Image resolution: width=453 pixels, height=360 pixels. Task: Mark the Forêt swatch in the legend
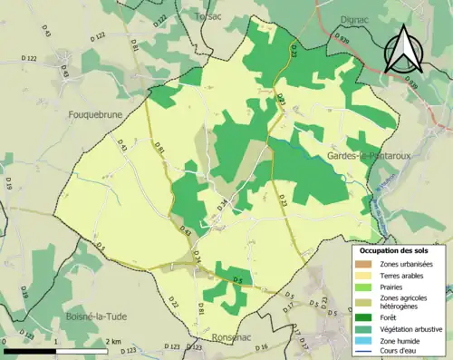364,317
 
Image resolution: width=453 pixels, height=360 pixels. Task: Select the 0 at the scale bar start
5,342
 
